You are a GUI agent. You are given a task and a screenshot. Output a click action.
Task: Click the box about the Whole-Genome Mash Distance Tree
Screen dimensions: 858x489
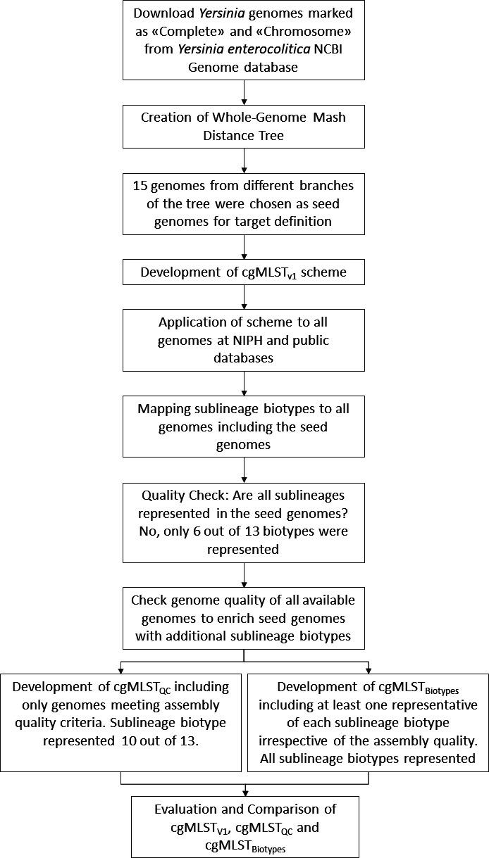244,127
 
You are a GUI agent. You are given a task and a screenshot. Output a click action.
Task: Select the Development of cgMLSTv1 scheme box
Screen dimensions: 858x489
244,272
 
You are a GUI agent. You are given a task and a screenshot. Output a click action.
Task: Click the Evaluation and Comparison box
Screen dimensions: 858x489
244,816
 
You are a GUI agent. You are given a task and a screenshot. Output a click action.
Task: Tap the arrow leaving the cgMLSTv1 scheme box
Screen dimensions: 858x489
244,296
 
